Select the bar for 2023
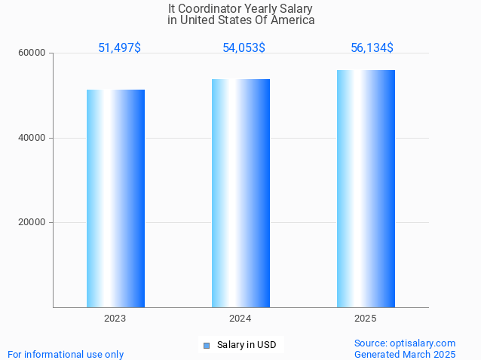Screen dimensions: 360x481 (115, 198)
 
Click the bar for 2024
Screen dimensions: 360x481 (240, 193)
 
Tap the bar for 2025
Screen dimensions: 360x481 (366, 188)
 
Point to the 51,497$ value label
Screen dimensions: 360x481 (119, 48)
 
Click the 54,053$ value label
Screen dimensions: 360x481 (244, 48)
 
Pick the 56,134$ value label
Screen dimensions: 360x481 (372, 48)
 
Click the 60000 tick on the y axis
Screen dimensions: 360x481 (33, 53)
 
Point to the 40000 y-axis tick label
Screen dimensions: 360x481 (33, 138)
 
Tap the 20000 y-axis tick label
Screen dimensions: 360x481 (33, 222)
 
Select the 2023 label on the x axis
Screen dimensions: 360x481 (115, 319)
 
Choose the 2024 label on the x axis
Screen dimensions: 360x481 (240, 319)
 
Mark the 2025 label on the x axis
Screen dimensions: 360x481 (366, 319)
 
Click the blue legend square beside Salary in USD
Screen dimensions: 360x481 (206, 346)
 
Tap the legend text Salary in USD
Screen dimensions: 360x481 (247, 346)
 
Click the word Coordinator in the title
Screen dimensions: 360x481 (211, 8)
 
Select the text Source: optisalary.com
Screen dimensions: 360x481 (405, 343)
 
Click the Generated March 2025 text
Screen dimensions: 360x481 (405, 354)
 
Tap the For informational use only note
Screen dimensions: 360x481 (66, 354)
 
